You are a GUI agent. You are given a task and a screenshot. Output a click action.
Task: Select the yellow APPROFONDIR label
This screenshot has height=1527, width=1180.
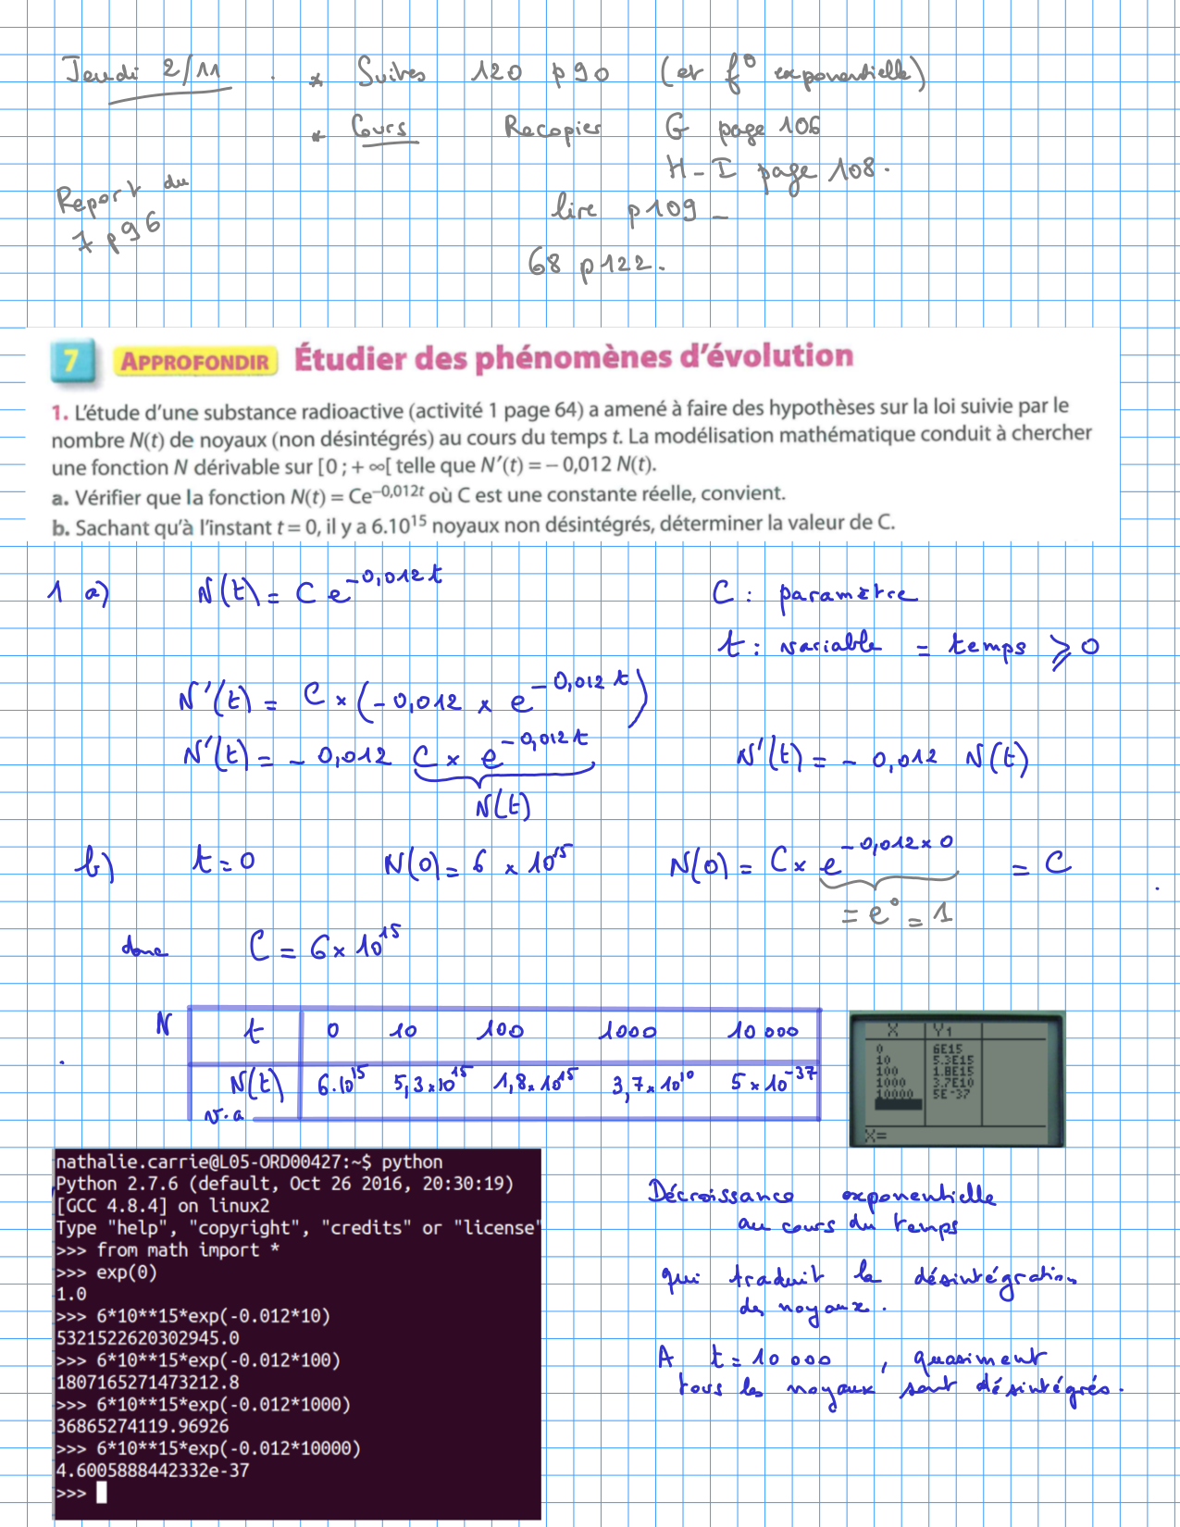pos(195,361)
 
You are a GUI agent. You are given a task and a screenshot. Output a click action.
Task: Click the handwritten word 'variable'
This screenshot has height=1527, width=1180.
pos(829,644)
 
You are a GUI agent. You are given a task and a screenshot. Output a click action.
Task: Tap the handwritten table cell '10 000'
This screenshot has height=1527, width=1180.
pos(763,1031)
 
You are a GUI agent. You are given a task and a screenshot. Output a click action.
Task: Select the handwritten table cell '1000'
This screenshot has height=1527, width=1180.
pos(627,1031)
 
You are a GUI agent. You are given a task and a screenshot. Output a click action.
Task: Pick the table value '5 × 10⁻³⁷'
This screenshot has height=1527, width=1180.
pos(773,1080)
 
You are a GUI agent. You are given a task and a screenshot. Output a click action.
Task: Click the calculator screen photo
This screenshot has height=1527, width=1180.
pos(956,1079)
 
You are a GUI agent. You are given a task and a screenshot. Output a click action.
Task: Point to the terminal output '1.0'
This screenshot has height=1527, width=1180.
pos(71,1294)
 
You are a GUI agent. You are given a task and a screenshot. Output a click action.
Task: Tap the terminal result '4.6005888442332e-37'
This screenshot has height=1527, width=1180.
pos(153,1471)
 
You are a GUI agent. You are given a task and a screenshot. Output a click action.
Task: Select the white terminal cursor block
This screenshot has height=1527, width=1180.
pos(102,1493)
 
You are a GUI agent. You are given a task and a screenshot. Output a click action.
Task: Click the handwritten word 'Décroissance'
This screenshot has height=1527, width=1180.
pos(720,1194)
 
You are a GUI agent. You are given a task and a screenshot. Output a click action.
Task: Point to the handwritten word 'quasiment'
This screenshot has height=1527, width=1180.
pos(979,1359)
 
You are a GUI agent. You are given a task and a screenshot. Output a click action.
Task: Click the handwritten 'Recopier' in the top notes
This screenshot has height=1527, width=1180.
pos(553,128)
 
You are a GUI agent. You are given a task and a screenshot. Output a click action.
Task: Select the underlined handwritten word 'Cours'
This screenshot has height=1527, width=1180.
pos(380,128)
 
